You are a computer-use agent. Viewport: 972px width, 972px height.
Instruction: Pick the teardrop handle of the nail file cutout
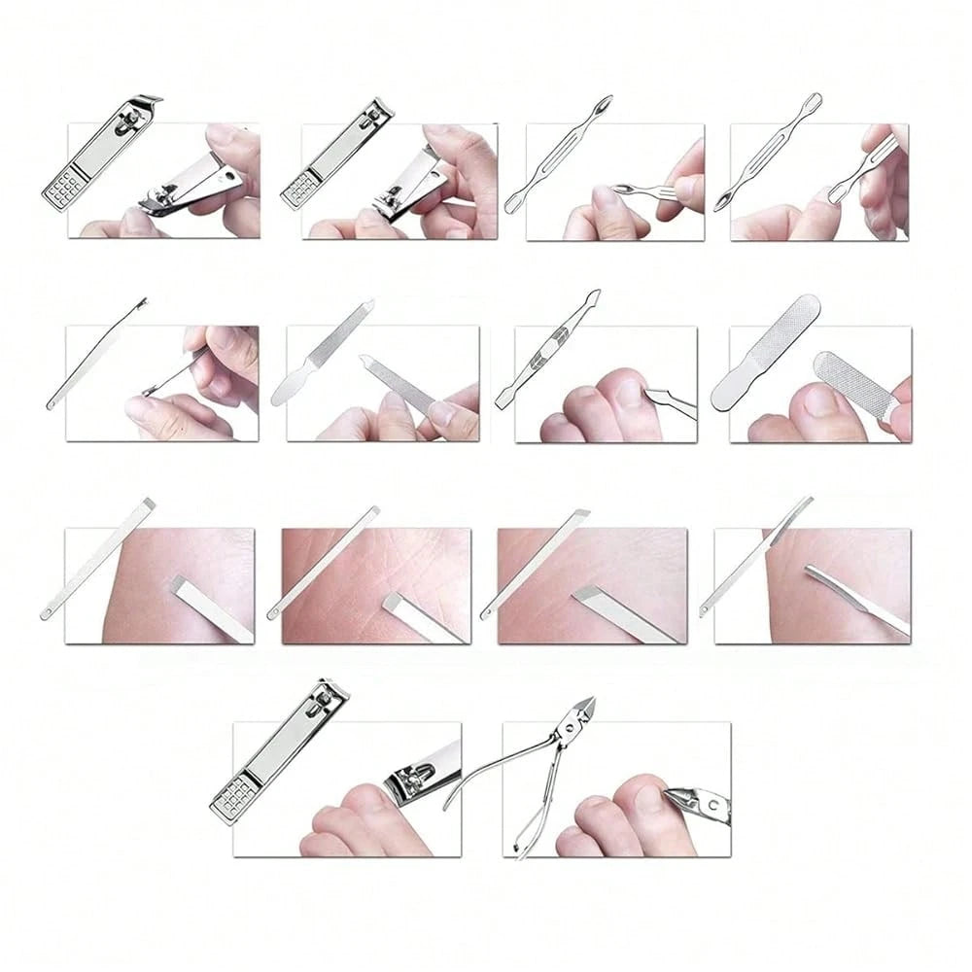point(294,383)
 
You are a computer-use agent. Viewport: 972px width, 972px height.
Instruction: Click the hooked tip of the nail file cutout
point(367,305)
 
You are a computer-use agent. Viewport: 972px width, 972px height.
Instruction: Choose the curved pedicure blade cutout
point(758,554)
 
